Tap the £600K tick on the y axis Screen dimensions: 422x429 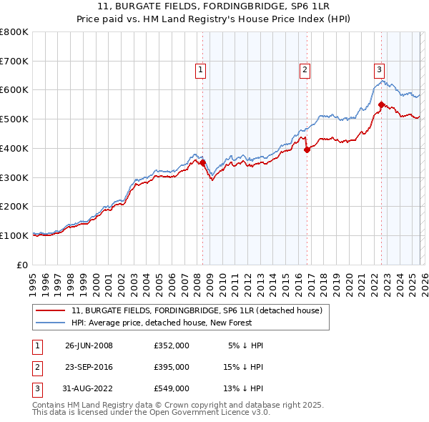(14, 90)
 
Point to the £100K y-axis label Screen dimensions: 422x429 (14, 235)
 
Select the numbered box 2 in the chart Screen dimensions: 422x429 (305, 70)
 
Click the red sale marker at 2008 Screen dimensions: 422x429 (203, 162)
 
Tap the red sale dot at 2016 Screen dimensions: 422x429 (307, 150)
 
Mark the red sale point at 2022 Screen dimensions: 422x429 (381, 105)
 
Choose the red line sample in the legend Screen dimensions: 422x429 (51, 311)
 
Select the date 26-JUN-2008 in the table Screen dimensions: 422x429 (89, 345)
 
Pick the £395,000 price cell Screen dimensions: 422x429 (172, 367)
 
